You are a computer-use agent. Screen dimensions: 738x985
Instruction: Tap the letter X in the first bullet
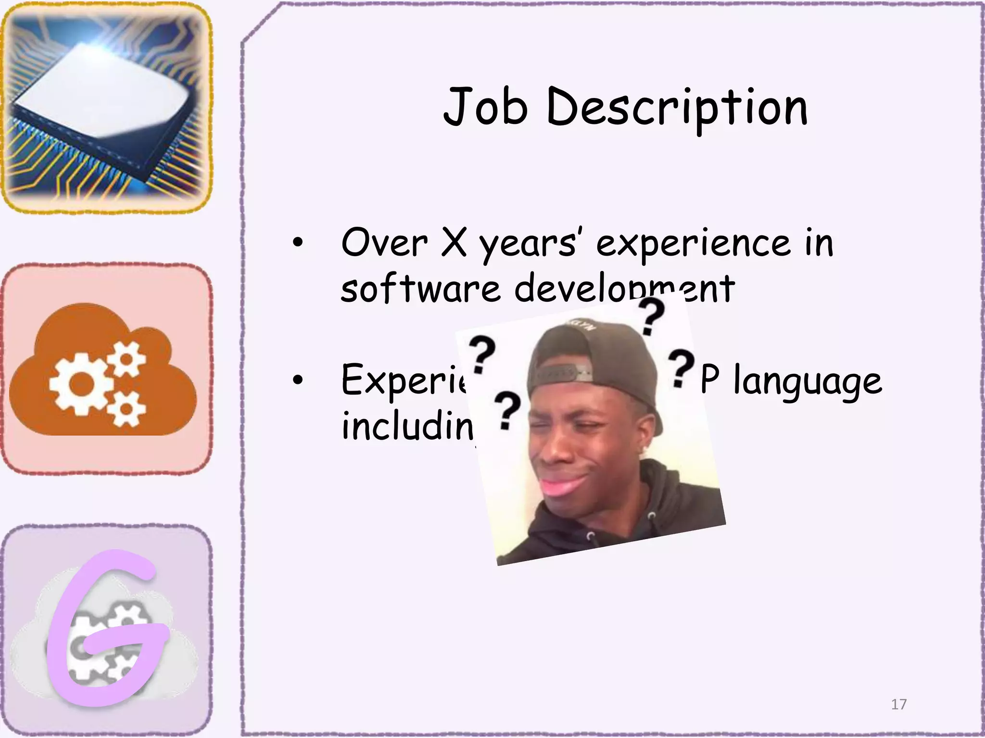click(454, 243)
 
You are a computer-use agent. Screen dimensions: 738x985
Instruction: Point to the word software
click(421, 288)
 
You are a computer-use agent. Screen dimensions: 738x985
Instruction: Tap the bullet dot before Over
click(298, 243)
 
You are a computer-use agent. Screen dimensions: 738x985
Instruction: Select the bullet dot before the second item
click(298, 380)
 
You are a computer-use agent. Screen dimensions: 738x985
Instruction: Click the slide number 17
click(898, 704)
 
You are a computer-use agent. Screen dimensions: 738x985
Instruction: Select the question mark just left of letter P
click(681, 368)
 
